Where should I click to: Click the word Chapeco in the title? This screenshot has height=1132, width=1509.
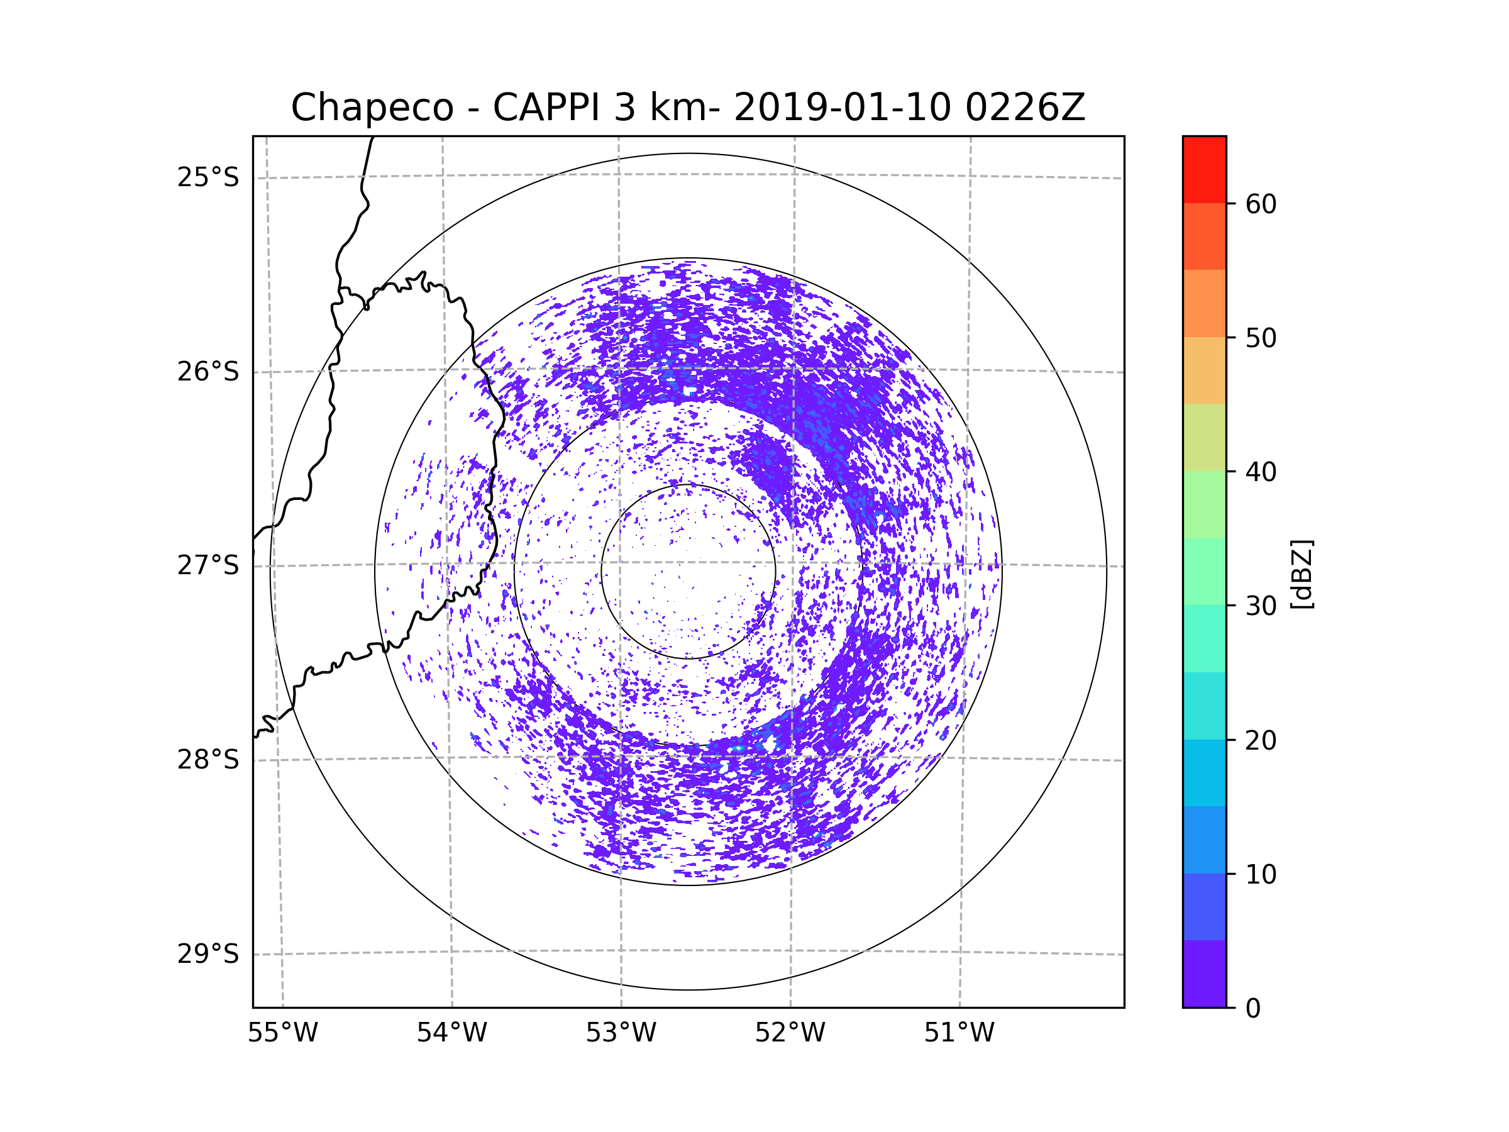pyautogui.click(x=372, y=108)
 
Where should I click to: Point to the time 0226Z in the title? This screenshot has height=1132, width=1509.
pyautogui.click(x=1025, y=108)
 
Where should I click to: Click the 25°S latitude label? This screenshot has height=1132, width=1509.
pyautogui.click(x=208, y=177)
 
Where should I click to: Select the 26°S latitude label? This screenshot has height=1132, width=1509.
pyautogui.click(x=208, y=372)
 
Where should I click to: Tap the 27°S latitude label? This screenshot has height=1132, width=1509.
pyautogui.click(x=208, y=565)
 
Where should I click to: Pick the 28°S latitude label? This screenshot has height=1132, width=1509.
pyautogui.click(x=208, y=760)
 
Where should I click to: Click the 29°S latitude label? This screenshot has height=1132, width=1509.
pyautogui.click(x=208, y=954)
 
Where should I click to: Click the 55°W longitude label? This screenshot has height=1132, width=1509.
pyautogui.click(x=282, y=1033)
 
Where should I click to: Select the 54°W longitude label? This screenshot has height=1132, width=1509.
pyautogui.click(x=451, y=1033)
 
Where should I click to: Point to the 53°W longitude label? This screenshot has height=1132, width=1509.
pyautogui.click(x=621, y=1033)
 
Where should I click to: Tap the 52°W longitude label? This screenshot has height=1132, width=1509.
pyautogui.click(x=790, y=1033)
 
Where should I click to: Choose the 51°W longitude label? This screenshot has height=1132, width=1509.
pyautogui.click(x=959, y=1033)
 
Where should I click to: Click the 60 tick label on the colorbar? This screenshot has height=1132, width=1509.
pyautogui.click(x=1261, y=204)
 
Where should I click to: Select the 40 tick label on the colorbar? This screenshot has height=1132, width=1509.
pyautogui.click(x=1261, y=472)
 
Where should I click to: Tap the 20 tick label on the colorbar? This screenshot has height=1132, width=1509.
pyautogui.click(x=1261, y=740)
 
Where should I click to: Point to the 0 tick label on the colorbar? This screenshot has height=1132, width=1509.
pyautogui.click(x=1253, y=1009)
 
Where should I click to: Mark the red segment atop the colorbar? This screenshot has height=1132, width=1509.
pyautogui.click(x=1204, y=169)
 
